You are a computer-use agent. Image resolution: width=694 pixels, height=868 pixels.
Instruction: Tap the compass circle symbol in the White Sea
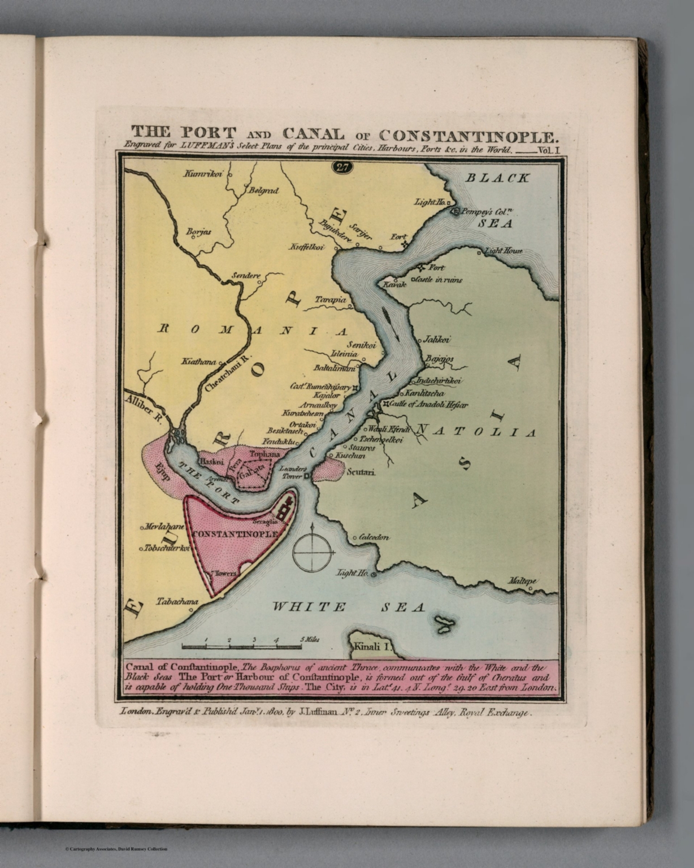(312, 552)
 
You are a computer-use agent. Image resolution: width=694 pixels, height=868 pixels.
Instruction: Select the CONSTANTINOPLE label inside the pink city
(235, 533)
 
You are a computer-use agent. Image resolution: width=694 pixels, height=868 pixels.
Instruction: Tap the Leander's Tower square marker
(306, 476)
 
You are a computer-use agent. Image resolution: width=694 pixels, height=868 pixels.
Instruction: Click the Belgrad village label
(263, 191)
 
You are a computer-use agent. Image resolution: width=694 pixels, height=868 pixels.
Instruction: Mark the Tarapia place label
(331, 300)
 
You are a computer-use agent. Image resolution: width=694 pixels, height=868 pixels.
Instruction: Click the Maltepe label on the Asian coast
(521, 580)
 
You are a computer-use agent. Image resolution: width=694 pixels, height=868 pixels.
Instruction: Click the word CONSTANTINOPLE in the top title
(468, 135)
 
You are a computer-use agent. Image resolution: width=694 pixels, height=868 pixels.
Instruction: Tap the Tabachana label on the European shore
(177, 602)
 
